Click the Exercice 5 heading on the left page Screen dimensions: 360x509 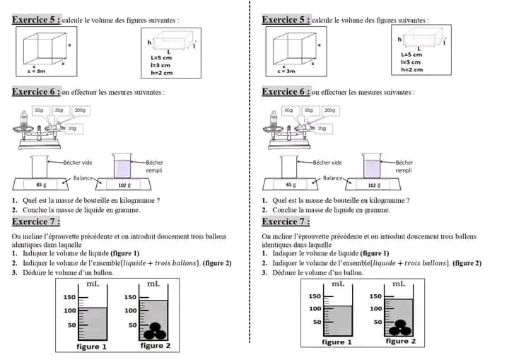point(36,20)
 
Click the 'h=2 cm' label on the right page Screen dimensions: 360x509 point(411,69)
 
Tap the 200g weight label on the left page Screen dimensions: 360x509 point(79,110)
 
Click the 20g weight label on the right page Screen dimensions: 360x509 point(322,129)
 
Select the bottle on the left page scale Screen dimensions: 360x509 point(25,121)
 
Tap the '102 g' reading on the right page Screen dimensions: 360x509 point(373,185)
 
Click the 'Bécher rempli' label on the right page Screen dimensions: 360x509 point(404,166)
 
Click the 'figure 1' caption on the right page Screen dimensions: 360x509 point(337,342)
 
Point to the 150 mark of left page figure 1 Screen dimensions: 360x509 point(70,296)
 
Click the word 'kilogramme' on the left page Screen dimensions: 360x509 point(137,200)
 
